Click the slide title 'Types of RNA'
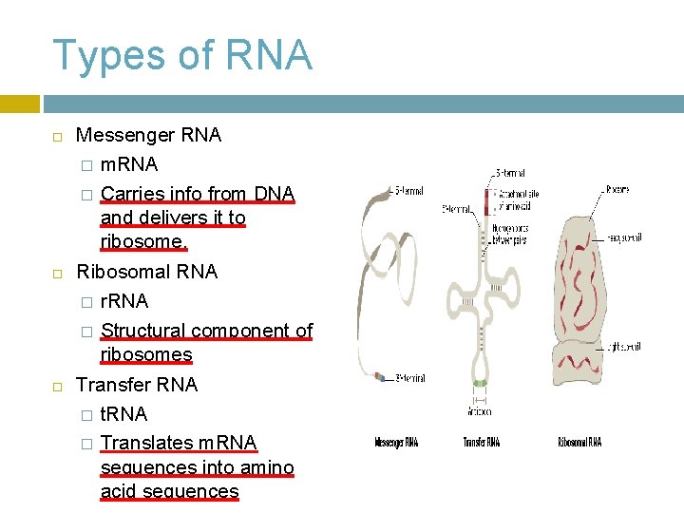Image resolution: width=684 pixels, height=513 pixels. (x=182, y=55)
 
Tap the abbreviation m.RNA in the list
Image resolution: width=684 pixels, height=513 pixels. (x=129, y=164)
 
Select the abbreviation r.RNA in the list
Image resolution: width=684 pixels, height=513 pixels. (x=124, y=301)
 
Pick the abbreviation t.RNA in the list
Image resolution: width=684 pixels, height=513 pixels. (x=123, y=414)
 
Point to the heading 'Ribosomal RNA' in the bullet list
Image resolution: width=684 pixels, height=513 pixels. (x=146, y=272)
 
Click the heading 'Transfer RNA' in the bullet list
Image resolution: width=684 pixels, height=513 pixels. (x=137, y=385)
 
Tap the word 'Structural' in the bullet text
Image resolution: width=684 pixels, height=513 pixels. (x=142, y=331)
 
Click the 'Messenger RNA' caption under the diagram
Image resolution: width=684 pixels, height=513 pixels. (x=396, y=442)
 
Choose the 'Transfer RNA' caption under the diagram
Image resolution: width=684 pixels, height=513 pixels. (x=481, y=442)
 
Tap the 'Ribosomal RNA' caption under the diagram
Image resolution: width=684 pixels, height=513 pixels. (x=579, y=442)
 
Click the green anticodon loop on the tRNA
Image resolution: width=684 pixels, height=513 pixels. (x=481, y=384)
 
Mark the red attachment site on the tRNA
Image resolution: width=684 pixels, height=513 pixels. (x=487, y=200)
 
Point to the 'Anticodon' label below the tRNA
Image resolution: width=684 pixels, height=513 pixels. (x=480, y=411)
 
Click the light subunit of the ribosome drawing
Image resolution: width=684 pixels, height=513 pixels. (x=579, y=351)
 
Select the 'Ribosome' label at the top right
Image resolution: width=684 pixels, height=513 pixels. (x=617, y=190)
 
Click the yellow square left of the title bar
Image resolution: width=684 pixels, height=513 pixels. (x=19, y=104)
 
